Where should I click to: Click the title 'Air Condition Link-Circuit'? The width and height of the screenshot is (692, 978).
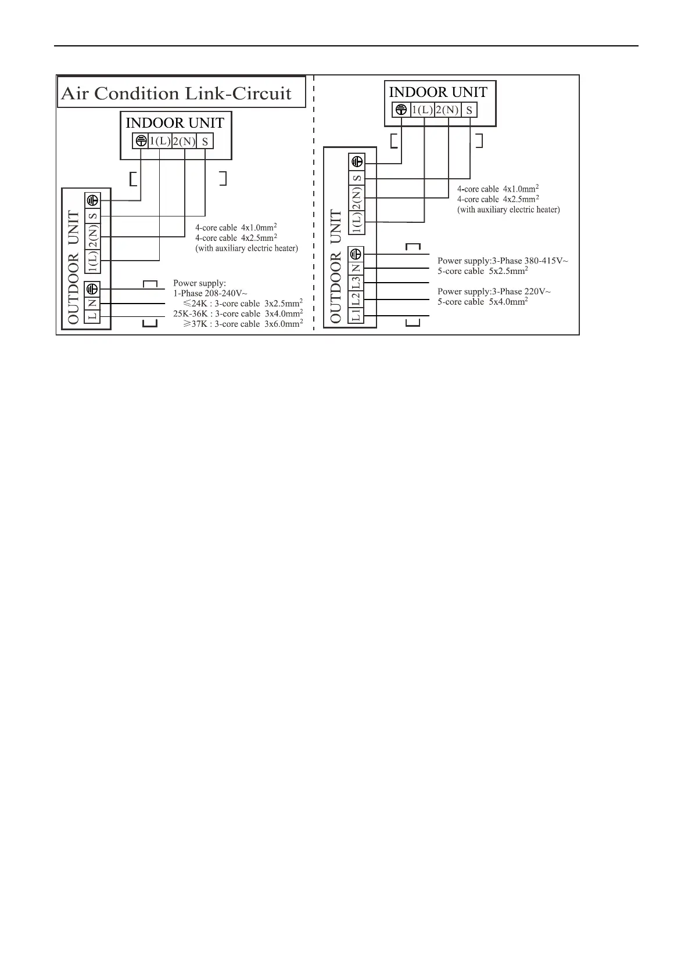click(176, 93)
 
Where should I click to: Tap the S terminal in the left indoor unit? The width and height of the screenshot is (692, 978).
click(205, 141)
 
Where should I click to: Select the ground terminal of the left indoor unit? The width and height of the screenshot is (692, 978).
click(140, 140)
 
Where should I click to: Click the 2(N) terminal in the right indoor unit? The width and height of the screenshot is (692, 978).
click(447, 110)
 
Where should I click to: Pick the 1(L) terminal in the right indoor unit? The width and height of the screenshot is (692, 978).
click(422, 110)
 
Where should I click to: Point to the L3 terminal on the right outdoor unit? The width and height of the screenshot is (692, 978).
click(357, 283)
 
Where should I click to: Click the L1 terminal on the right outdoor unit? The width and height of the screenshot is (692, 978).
click(357, 315)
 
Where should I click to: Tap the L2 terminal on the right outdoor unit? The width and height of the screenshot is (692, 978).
click(357, 299)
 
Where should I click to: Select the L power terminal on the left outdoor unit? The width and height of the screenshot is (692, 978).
click(92, 316)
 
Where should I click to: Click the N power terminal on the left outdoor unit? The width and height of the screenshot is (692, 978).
click(92, 303)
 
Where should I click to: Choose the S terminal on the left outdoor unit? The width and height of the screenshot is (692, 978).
click(92, 216)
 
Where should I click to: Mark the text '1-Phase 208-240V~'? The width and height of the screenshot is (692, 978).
click(210, 293)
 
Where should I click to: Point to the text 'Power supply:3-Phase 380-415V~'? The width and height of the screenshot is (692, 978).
click(503, 261)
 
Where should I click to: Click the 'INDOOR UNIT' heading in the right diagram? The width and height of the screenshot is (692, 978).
click(438, 92)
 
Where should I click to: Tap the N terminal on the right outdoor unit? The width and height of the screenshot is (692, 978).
click(357, 268)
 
